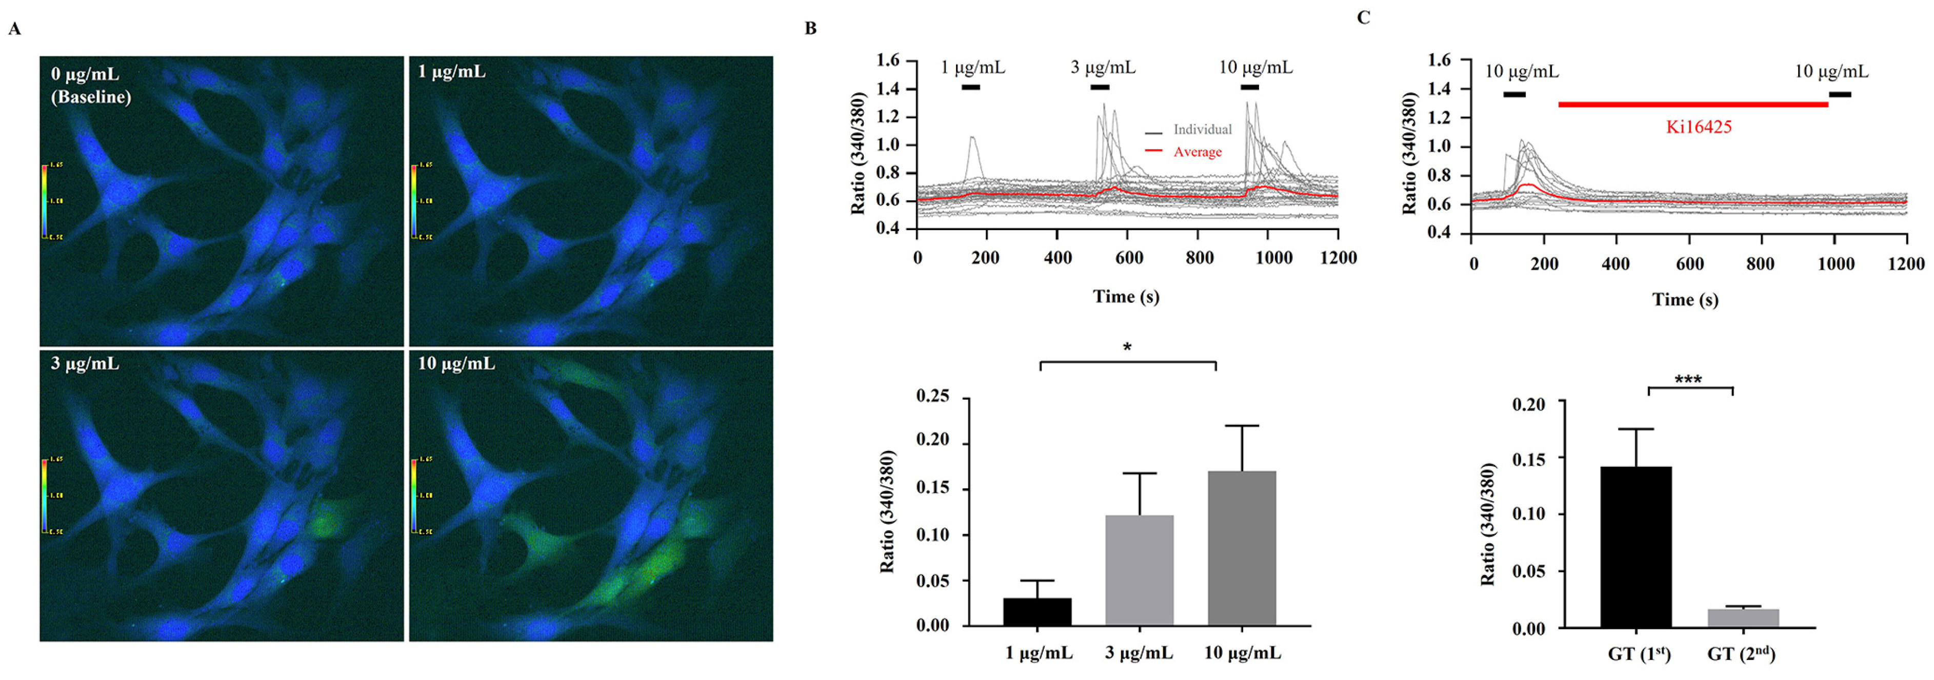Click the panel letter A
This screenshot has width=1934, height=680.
pos(14,29)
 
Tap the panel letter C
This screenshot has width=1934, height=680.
pos(1363,17)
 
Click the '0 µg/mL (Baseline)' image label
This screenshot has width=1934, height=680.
pos(90,86)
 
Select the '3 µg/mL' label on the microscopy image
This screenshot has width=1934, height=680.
pos(85,364)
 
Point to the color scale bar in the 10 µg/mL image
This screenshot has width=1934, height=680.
pos(414,496)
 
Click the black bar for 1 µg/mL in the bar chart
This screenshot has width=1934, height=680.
pos(1037,612)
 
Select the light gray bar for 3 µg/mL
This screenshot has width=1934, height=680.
pos(1139,570)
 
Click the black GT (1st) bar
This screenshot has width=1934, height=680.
pos(1636,547)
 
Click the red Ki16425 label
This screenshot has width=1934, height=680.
pos(1698,127)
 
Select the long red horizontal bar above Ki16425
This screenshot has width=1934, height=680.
pos(1693,105)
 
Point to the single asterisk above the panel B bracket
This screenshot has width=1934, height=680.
pos(1127,347)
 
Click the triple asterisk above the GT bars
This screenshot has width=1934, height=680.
pos(1688,380)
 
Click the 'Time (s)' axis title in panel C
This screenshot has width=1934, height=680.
pos(1685,299)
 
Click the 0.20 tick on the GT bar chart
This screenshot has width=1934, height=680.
pos(1530,404)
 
